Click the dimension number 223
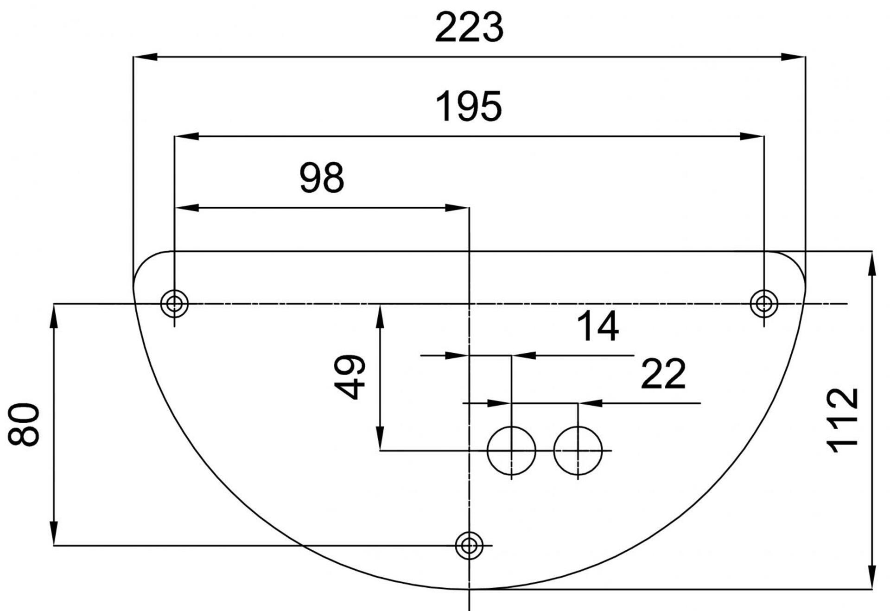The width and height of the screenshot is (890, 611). click(469, 28)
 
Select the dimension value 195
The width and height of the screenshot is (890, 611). click(469, 107)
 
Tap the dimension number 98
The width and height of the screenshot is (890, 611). click(322, 178)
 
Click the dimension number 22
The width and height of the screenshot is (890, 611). click(663, 374)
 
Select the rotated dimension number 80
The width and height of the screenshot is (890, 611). click(24, 424)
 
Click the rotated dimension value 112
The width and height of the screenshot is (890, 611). click(843, 420)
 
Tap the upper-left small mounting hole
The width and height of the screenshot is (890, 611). click(174, 304)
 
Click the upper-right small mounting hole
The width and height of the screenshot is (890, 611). click(764, 304)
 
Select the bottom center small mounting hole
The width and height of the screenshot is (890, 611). click(469, 546)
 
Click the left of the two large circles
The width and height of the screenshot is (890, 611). click(511, 450)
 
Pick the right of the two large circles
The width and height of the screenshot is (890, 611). click(578, 450)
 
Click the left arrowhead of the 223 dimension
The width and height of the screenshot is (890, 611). click(145, 57)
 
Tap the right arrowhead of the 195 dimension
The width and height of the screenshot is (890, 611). click(752, 136)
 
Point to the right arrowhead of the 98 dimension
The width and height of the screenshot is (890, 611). click(457, 208)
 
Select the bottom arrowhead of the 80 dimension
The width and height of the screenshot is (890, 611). click(54, 534)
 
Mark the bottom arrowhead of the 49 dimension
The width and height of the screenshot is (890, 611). click(380, 439)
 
